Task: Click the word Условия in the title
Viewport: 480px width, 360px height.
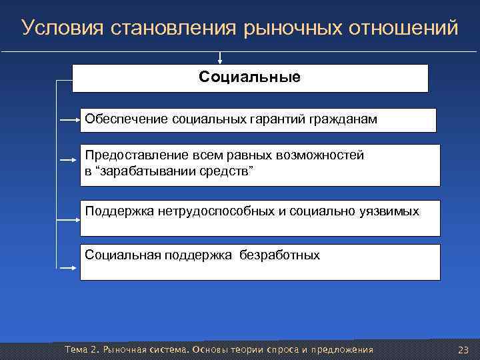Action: coord(57,28)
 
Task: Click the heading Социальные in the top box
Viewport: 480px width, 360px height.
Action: coord(249,77)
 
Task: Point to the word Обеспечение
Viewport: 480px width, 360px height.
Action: coord(126,119)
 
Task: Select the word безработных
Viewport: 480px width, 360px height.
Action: coord(280,255)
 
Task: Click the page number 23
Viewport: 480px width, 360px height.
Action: coord(464,350)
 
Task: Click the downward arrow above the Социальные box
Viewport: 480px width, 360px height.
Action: coord(221,58)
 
